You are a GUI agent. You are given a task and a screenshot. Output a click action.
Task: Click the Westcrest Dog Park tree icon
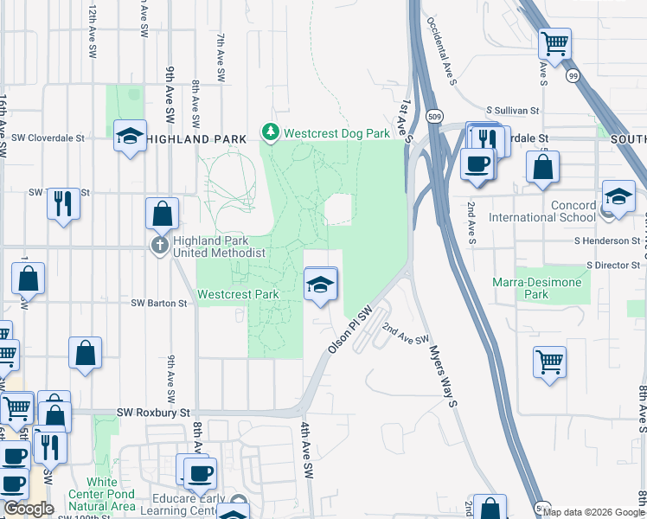coord(271,133)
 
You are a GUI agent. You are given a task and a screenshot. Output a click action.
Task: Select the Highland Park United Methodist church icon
coord(160,246)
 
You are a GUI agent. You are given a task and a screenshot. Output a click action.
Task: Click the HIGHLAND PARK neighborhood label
coord(190,138)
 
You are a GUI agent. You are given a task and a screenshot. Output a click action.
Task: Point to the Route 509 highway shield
coord(432,114)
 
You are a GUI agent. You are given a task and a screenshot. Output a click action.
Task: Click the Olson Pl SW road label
coord(349,330)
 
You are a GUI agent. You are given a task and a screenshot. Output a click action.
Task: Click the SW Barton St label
coord(159,304)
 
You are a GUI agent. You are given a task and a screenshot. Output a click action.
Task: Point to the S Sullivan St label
coord(512,111)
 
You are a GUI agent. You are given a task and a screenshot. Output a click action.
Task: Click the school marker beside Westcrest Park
coord(320,284)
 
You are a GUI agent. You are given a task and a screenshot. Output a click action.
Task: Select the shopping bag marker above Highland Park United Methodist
coord(162,212)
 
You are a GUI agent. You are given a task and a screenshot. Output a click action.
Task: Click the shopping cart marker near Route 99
coord(554,42)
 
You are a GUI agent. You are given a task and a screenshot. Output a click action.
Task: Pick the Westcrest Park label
coord(238,294)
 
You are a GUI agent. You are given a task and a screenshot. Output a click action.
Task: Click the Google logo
coord(29,509)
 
